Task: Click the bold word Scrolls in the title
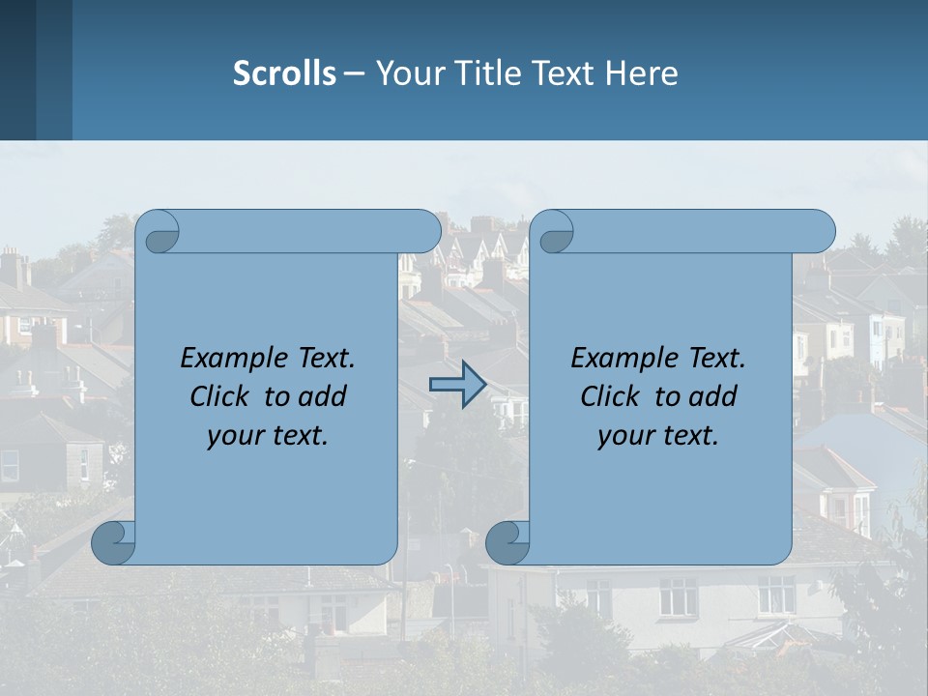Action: [284, 73]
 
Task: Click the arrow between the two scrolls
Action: [457, 385]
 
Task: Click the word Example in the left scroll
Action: [234, 359]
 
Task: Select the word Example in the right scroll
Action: [624, 359]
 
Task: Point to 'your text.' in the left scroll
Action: [268, 435]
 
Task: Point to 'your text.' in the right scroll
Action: [658, 435]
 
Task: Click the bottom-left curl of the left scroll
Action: [114, 541]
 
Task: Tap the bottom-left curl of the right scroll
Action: [507, 541]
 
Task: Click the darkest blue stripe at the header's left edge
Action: [17, 70]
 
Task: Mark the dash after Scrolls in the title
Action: [354, 73]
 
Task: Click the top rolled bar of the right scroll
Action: [696, 231]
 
